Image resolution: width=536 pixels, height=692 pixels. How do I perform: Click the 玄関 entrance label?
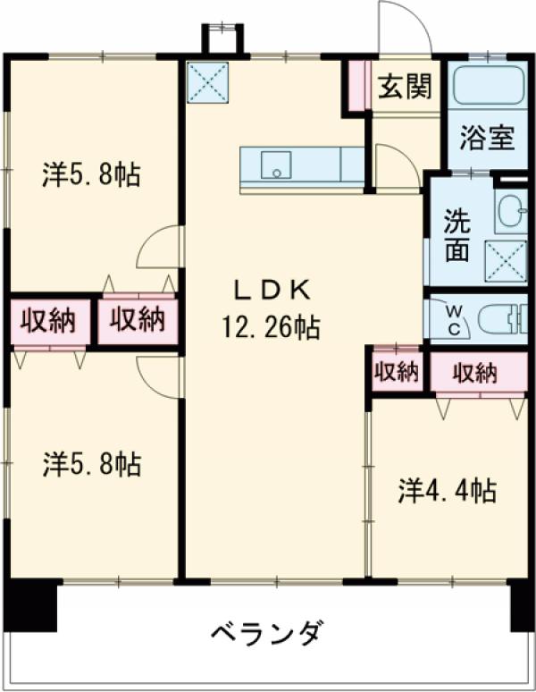tap(406, 86)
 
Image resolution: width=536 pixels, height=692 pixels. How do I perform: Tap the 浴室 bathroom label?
tap(487, 138)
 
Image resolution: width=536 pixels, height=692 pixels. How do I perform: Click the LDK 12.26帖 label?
tap(271, 309)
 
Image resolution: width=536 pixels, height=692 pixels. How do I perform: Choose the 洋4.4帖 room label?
tap(448, 491)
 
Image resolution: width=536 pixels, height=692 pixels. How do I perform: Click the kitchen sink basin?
tap(276, 165)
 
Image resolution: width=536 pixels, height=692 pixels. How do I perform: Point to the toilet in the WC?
tap(503, 318)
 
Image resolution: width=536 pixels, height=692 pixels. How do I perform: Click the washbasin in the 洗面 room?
tap(512, 211)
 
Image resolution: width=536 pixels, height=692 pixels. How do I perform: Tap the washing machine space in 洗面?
tap(506, 261)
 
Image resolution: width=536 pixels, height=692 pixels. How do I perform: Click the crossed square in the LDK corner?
tap(208, 82)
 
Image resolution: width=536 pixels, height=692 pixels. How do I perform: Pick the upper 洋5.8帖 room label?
tap(92, 174)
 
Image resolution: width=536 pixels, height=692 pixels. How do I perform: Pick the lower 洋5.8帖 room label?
tap(92, 463)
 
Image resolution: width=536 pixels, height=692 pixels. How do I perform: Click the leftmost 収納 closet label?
tap(48, 320)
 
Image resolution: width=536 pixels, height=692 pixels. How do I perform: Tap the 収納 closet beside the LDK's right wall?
tap(396, 372)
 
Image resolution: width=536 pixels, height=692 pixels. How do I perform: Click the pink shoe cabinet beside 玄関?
tap(358, 86)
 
